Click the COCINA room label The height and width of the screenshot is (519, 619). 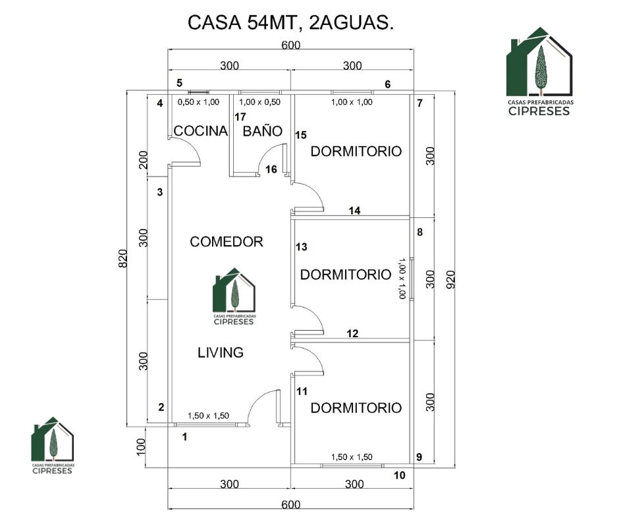(201, 130)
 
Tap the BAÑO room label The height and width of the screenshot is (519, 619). (263, 130)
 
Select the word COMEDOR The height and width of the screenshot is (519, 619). (227, 241)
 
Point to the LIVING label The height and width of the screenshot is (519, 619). (221, 352)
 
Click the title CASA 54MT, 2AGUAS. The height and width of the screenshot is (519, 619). (291, 22)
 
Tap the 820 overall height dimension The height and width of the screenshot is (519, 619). (123, 259)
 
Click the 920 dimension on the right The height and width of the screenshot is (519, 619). (450, 280)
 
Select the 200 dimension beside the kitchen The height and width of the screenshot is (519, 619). (144, 159)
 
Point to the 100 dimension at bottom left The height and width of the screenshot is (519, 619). (141, 447)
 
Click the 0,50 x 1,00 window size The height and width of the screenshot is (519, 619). (198, 102)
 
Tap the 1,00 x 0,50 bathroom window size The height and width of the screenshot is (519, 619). (259, 102)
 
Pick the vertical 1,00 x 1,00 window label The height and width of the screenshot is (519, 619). (402, 279)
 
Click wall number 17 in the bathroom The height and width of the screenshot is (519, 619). (240, 117)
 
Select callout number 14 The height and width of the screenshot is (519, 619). (354, 211)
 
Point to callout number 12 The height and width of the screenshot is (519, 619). (352, 333)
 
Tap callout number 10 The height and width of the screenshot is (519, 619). (400, 475)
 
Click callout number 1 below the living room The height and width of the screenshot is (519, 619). (184, 437)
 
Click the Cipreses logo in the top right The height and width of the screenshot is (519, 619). (540, 72)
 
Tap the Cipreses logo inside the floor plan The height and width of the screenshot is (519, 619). (234, 296)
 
